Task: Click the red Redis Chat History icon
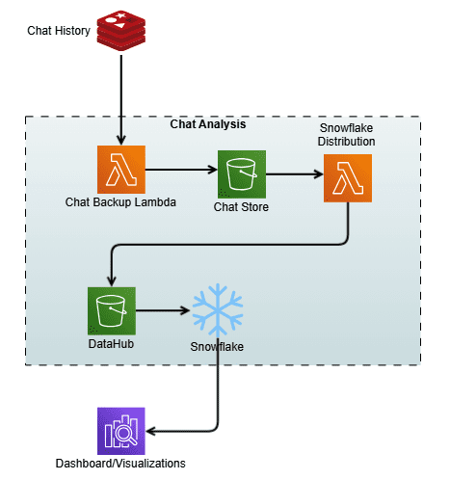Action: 121,30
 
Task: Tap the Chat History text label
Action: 60,31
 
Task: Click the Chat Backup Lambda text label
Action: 120,202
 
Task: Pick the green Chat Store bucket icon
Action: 242,174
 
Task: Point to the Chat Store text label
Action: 242,207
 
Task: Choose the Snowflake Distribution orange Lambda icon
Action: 348,178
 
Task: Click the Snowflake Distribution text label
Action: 347,135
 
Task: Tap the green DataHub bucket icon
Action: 111,310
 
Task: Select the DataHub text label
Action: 111,343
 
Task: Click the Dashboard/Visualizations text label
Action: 121,463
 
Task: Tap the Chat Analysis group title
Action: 208,125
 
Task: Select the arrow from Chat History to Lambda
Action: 121,96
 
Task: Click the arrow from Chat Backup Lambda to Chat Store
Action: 180,168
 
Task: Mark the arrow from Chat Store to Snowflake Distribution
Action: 294,174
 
